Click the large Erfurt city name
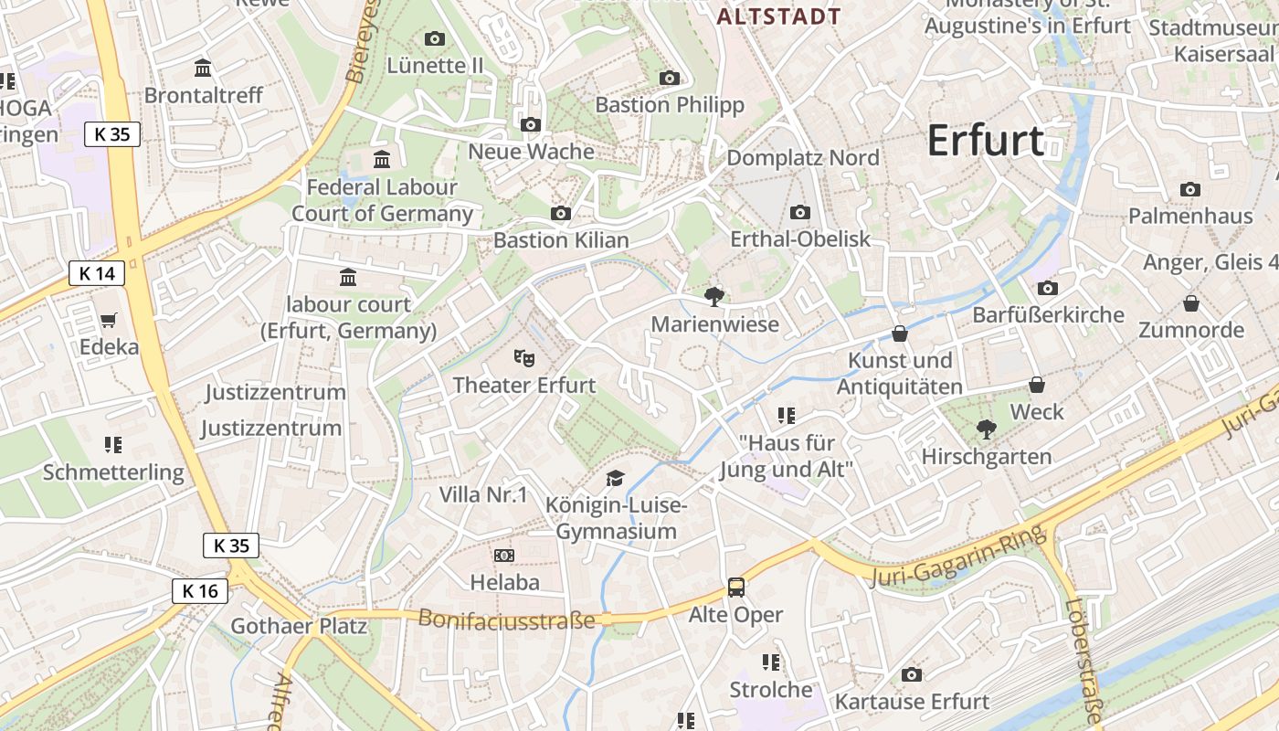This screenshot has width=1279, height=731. (986, 141)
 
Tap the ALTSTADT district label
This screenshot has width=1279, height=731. (778, 16)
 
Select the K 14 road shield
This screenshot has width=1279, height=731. (97, 273)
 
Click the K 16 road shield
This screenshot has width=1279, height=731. (200, 591)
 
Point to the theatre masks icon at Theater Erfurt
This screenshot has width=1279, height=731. (523, 356)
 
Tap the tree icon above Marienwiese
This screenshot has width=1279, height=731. (714, 295)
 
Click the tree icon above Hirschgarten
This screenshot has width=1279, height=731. (986, 428)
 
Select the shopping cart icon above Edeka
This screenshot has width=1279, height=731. (109, 320)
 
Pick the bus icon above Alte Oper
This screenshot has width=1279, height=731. (735, 587)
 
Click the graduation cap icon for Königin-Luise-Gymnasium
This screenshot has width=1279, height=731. (616, 478)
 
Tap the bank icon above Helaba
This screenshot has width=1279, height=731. (504, 555)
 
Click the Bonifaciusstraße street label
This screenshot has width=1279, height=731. (506, 620)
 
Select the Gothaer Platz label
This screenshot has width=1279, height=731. (299, 626)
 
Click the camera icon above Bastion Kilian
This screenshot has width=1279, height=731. (561, 213)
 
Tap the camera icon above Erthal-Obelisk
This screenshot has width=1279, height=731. (800, 212)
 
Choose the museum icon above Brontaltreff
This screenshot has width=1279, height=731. (203, 68)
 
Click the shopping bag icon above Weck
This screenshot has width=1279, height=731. (1037, 385)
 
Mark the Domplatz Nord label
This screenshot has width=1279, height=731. (803, 158)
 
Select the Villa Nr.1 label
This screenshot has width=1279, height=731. (483, 495)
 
